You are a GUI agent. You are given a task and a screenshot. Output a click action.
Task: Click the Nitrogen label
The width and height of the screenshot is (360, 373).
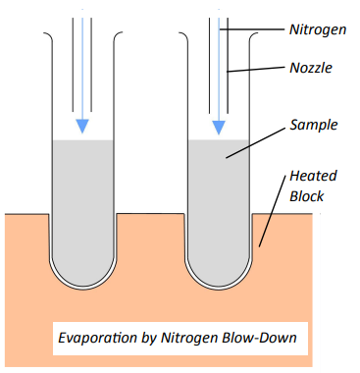pos(318,30)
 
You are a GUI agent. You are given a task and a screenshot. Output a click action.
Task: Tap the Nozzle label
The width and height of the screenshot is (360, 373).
pos(311,68)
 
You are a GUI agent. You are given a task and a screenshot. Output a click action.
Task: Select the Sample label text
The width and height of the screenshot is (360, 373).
pos(314,126)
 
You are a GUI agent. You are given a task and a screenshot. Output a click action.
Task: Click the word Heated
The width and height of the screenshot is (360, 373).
pos(313,176)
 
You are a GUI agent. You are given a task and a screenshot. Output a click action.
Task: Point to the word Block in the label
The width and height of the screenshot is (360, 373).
pos(306,196)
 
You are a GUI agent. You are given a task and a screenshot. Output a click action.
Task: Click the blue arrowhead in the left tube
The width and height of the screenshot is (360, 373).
pos(82,127)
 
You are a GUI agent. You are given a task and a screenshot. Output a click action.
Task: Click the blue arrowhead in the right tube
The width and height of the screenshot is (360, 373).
pos(219,128)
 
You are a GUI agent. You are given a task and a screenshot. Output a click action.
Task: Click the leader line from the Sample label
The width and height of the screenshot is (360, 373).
pos(255,143)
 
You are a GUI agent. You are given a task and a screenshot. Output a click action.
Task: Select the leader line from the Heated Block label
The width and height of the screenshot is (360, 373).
pos(272,211)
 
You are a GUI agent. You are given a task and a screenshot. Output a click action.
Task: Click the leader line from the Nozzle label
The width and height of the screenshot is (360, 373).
pos(256,70)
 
